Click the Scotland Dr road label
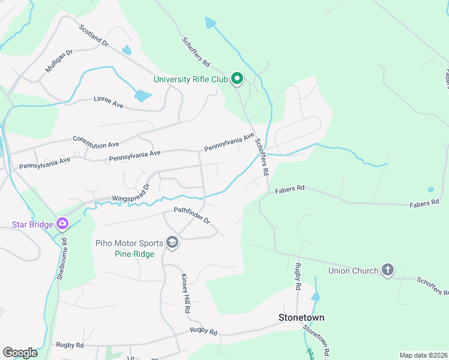click(93, 35)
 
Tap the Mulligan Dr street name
click(59, 62)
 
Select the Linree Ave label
click(108, 103)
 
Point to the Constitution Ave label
click(96, 142)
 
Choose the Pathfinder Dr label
click(192, 215)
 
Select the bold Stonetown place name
click(301, 317)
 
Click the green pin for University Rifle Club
click(237, 78)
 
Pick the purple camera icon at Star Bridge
click(62, 224)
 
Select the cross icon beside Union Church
click(388, 270)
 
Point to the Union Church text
click(354, 271)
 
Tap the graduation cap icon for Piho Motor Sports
click(172, 242)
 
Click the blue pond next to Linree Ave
click(143, 95)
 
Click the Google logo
click(20, 352)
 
